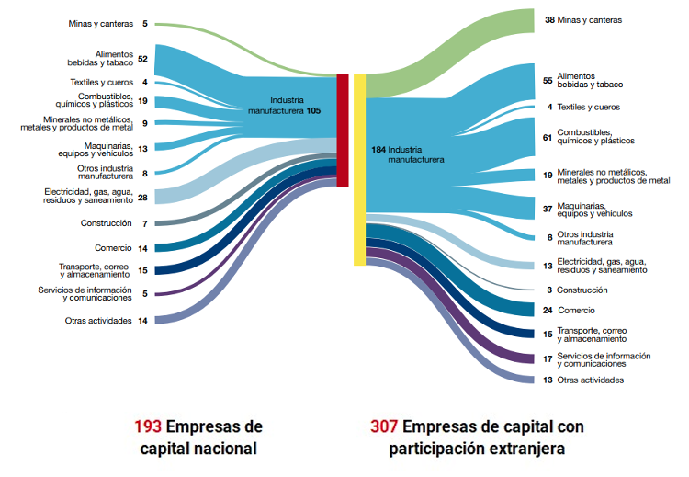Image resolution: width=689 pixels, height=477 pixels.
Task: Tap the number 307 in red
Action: (384, 427)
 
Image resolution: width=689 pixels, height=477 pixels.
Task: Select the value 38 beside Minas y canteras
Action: (549, 19)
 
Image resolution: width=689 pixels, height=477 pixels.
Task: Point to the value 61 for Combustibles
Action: (548, 137)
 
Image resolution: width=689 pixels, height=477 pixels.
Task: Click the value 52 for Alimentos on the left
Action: (143, 58)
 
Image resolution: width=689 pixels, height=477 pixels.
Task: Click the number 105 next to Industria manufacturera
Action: (314, 109)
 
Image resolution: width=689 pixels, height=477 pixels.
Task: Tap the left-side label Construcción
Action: (107, 223)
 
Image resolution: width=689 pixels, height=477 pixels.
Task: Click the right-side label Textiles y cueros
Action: (589, 107)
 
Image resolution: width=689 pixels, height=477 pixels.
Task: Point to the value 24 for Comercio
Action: (548, 310)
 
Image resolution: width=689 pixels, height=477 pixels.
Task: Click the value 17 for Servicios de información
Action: (548, 358)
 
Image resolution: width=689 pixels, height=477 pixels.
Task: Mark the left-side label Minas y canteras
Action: (101, 23)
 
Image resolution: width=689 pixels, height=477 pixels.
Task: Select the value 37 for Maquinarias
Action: (548, 210)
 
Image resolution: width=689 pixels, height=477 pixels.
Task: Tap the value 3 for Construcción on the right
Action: (549, 290)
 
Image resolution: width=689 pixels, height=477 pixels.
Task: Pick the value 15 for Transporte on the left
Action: (142, 270)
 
